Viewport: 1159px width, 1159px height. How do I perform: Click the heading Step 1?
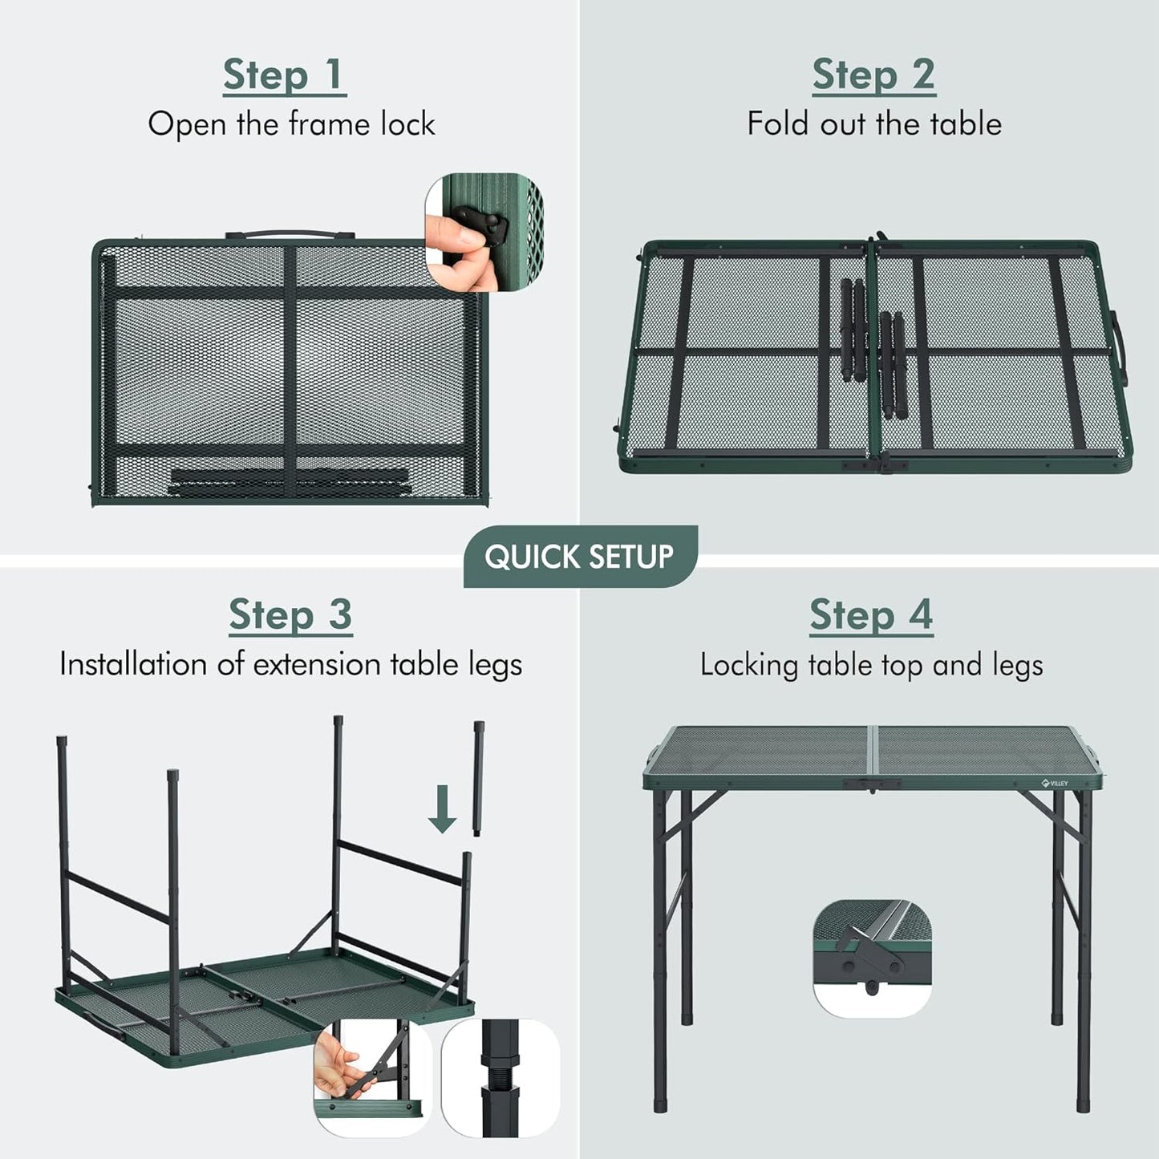[x=285, y=75]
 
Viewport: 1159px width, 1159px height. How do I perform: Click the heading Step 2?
[x=874, y=75]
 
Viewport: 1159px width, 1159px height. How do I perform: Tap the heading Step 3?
[x=290, y=615]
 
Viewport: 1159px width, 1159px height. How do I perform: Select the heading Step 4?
[x=872, y=616]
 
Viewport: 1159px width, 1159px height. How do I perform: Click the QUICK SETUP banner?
[x=580, y=557]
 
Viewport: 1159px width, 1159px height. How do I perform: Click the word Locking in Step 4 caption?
[x=749, y=666]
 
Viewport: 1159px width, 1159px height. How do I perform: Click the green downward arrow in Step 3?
[x=442, y=809]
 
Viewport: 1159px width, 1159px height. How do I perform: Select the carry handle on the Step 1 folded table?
[x=290, y=234]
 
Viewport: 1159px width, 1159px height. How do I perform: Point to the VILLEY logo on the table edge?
[x=1055, y=783]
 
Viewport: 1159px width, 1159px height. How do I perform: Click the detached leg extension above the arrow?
[x=479, y=779]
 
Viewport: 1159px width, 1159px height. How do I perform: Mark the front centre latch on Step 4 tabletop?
[x=871, y=784]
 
